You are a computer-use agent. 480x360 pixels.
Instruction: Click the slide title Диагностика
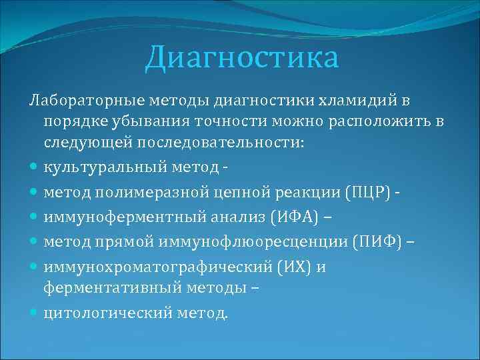point(242,57)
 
